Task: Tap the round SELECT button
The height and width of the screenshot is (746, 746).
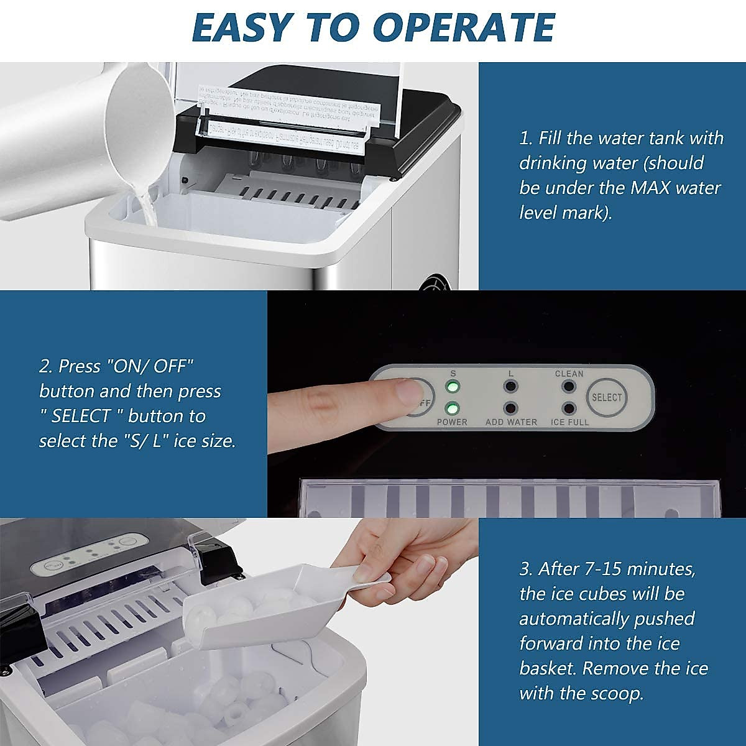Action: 606,397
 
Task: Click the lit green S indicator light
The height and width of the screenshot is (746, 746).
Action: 453,387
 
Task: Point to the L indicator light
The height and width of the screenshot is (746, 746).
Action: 511,387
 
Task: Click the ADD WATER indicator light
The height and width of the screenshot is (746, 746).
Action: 511,408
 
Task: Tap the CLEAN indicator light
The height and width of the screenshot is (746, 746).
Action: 568,387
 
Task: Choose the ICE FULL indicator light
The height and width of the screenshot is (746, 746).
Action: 568,408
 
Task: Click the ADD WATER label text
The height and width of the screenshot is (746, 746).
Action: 511,422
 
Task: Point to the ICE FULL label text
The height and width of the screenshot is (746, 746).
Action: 569,422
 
